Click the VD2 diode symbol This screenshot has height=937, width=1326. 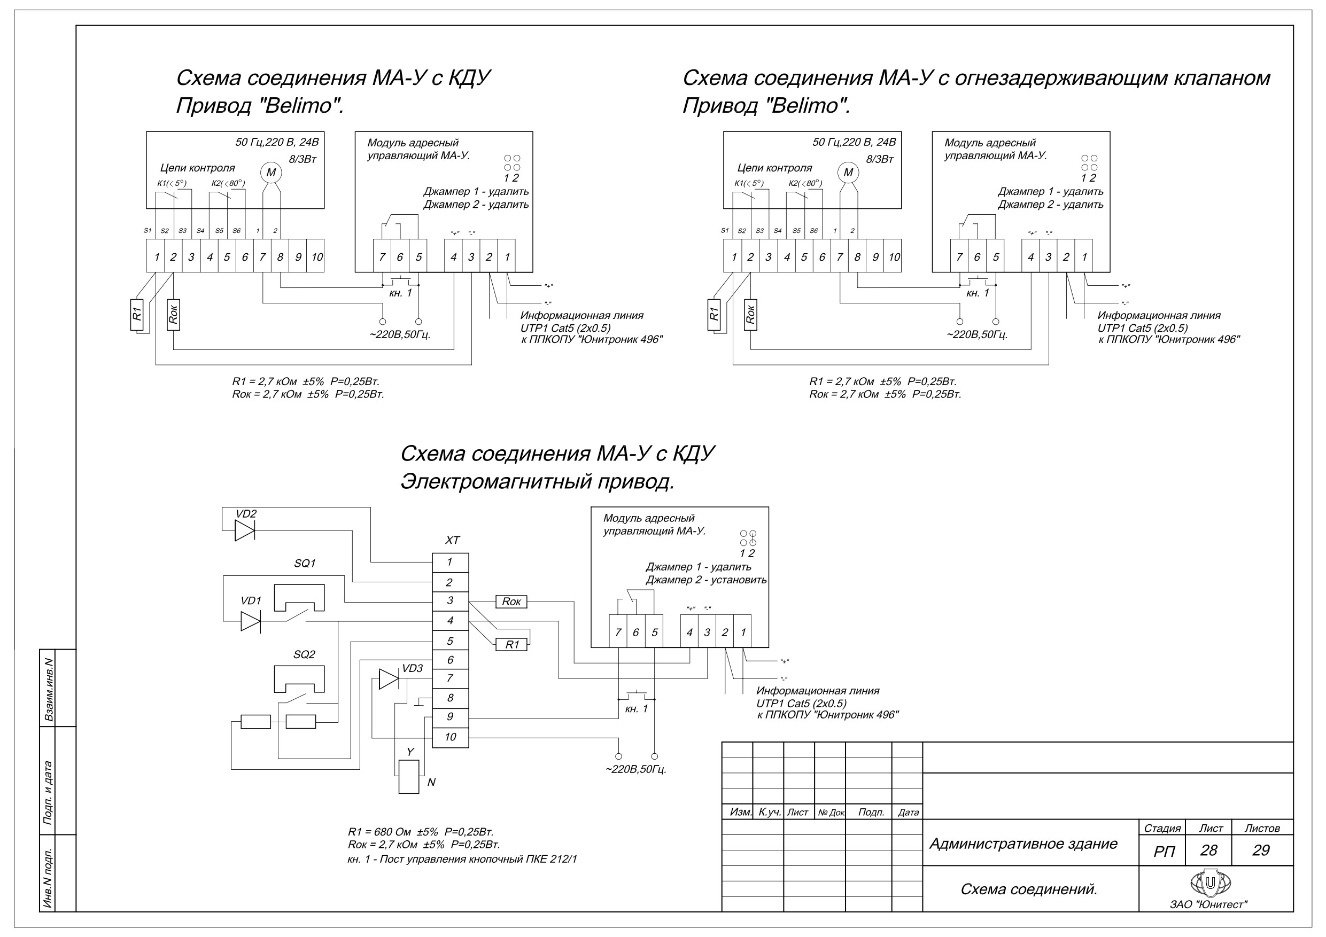click(245, 530)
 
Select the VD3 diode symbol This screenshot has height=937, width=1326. click(389, 679)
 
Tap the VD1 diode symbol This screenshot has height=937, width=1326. click(251, 621)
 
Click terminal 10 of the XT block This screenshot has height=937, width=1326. click(451, 737)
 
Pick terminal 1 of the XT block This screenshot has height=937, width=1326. click(451, 563)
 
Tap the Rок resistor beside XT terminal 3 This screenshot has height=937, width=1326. click(511, 602)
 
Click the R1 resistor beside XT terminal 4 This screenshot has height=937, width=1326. click(511, 644)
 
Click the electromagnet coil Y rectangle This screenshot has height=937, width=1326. click(409, 777)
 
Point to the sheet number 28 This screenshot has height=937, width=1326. click(1208, 850)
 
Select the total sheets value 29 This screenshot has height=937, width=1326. click(1261, 850)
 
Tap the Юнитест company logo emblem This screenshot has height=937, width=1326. click(1210, 883)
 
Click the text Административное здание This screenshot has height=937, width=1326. click(1023, 844)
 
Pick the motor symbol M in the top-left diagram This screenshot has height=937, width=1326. click(270, 172)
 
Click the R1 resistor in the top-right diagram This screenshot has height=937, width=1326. click(714, 315)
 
